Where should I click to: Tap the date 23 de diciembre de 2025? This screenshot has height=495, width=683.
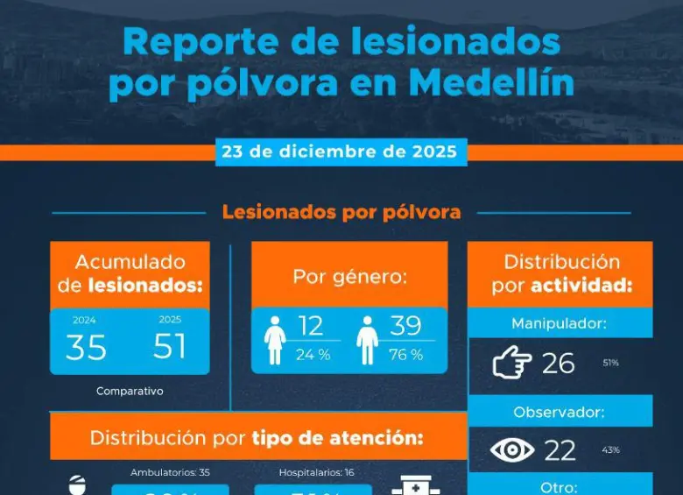click(341, 151)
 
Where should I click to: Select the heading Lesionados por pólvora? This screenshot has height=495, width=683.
click(341, 212)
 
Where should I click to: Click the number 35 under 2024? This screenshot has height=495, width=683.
click(86, 348)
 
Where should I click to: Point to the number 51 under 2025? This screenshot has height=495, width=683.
click(170, 347)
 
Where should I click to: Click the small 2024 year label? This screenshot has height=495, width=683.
click(85, 321)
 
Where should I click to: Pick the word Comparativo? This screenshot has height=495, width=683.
click(130, 392)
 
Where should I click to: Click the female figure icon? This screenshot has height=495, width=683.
click(276, 340)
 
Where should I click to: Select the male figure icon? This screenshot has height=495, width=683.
click(369, 340)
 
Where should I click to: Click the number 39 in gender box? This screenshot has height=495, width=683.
click(406, 326)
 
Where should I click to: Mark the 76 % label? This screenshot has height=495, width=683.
click(405, 355)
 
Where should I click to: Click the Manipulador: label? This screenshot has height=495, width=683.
click(560, 323)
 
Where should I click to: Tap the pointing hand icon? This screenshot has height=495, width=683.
click(512, 363)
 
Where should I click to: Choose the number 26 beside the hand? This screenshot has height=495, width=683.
click(559, 363)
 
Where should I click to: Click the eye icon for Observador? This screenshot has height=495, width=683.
click(512, 450)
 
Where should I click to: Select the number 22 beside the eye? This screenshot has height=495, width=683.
click(560, 450)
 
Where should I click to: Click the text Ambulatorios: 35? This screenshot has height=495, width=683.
click(170, 473)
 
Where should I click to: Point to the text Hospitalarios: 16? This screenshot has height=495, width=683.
click(316, 473)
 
